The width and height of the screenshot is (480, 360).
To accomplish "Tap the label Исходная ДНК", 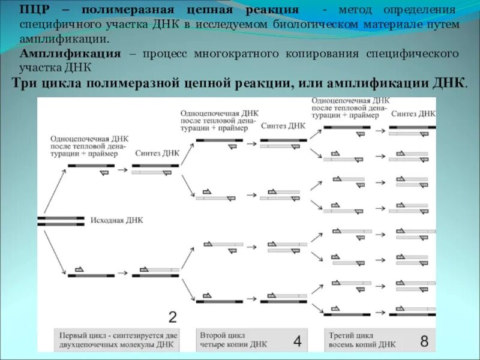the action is (117, 220).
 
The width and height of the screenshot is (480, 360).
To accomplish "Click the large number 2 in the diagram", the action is (172, 317).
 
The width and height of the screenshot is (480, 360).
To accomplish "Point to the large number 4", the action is (298, 341).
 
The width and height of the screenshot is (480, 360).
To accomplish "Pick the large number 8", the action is (424, 341).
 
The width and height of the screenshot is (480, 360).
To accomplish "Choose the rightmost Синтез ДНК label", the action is (413, 113).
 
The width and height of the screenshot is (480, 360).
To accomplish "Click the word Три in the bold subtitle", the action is (26, 83).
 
